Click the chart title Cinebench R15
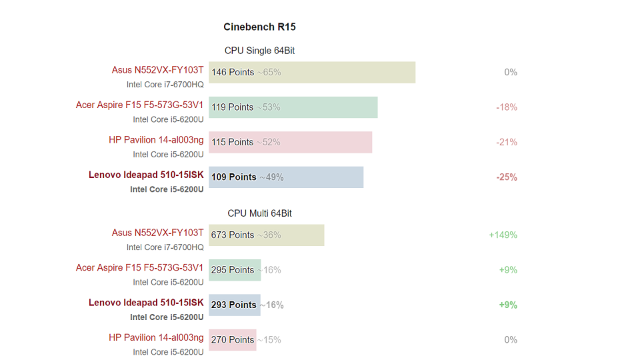(259, 27)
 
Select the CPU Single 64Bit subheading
(259, 51)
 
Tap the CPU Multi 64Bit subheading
(259, 213)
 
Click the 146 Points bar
(312, 72)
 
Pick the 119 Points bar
(293, 107)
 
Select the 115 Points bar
(291, 142)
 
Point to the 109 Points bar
(286, 177)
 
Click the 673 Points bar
(267, 235)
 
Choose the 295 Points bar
(235, 270)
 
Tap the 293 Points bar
(234, 305)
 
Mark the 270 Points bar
(232, 340)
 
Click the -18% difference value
(507, 107)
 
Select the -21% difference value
(507, 142)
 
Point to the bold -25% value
(507, 177)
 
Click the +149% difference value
(503, 235)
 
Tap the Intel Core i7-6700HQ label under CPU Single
(165, 85)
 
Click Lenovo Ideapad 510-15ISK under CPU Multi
(146, 303)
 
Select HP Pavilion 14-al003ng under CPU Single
(156, 140)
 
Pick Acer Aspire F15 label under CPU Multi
(139, 268)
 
